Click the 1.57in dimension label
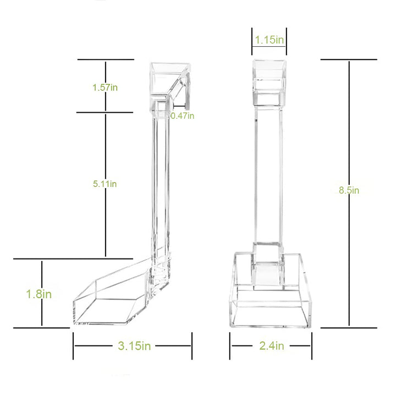(105, 87)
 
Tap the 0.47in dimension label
(182, 116)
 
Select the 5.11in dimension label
(105, 184)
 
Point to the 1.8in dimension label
(39, 294)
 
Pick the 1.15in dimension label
(269, 40)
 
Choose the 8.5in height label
(349, 190)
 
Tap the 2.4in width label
(271, 346)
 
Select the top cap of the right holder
(269, 82)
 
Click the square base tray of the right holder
(271, 302)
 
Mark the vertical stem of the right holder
(269, 176)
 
